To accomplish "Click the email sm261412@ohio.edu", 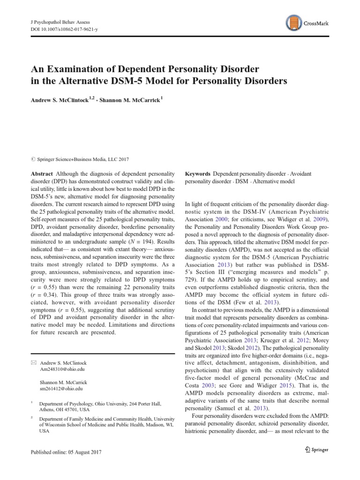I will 61,389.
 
